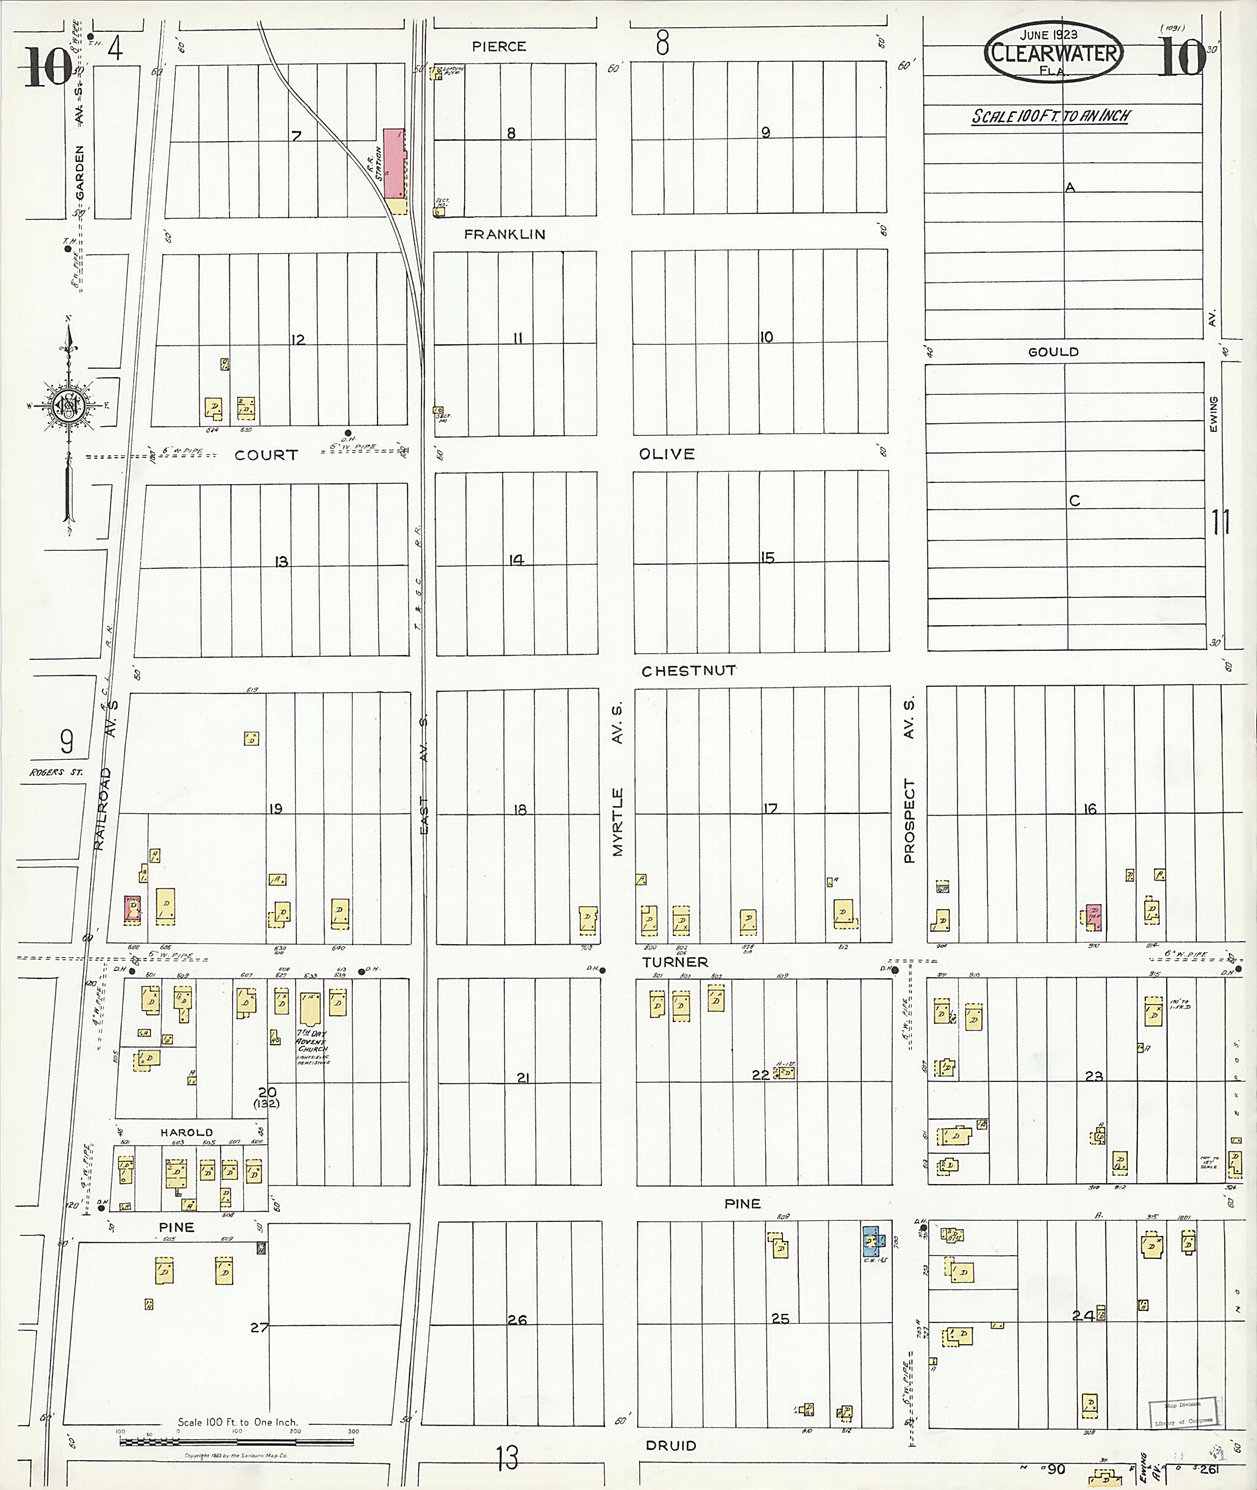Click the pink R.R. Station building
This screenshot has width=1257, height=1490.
393,164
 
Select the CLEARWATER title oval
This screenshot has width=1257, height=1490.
1053,52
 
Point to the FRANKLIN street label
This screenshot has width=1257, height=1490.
505,234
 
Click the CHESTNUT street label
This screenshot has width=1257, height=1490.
689,671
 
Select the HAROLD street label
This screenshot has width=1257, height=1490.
186,1132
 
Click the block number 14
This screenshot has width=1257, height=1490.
516,561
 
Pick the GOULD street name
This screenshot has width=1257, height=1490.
1053,352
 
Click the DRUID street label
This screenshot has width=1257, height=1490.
670,1446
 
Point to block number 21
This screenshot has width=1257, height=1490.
522,1078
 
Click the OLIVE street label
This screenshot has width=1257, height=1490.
667,455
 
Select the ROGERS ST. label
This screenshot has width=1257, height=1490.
56,772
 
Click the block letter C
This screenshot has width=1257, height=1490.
1075,501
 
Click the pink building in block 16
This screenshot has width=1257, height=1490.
1093,916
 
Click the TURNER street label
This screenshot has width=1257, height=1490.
675,962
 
